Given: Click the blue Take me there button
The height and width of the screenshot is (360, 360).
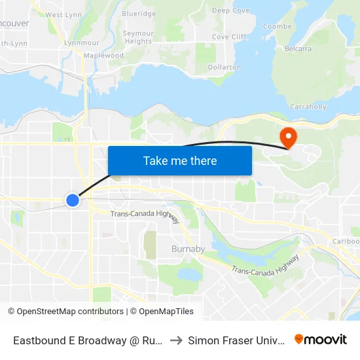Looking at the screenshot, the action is tap(180, 160).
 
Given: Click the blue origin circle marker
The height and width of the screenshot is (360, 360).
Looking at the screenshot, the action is tap(73, 200).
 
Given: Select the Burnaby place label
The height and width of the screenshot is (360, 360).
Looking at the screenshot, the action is tap(188, 249).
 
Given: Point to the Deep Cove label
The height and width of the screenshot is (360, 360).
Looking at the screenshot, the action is tap(230, 10).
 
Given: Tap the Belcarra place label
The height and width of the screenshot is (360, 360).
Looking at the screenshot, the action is tap(298, 48).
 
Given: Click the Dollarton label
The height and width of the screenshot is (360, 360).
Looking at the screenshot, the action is tap(224, 67).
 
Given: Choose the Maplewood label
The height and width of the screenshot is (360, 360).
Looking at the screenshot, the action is tap(103, 56).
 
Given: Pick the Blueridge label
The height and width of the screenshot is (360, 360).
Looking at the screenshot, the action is tap(139, 13).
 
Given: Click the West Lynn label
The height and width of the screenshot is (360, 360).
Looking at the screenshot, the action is tap(63, 14).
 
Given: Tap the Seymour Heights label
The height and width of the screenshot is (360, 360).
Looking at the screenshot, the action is tap(139, 37).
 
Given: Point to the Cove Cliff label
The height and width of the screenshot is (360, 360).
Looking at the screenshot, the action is tap(229, 37).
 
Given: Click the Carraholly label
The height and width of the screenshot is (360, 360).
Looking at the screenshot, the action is tap(308, 106).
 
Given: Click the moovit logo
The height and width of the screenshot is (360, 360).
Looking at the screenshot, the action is tap(321, 339).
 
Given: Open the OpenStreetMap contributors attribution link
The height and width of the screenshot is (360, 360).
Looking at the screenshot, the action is tap(70, 312).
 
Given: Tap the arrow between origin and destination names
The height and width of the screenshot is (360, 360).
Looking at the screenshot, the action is tap(177, 340).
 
